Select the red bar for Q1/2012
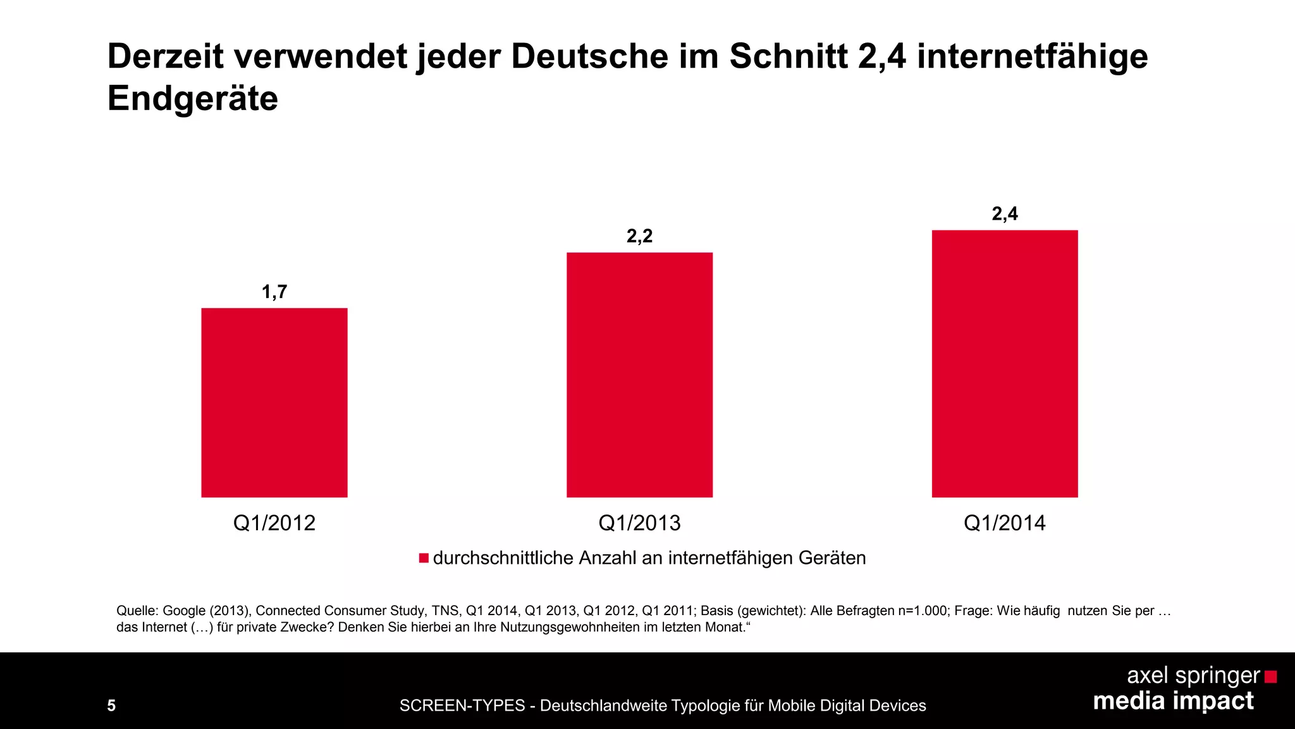tap(274, 402)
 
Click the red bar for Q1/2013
tap(639, 375)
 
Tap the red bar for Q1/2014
tap(1004, 364)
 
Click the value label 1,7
tap(274, 292)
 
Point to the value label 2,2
tap(639, 236)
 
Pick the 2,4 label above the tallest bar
tap(1004, 214)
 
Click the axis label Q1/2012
tap(274, 523)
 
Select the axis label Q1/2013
tap(639, 523)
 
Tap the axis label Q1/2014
tap(1004, 523)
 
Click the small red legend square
tap(424, 558)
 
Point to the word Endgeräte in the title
tap(193, 99)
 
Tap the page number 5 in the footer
tap(111, 706)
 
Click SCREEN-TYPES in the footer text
tap(462, 706)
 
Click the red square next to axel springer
tap(1270, 677)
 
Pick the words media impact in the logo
tap(1173, 701)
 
